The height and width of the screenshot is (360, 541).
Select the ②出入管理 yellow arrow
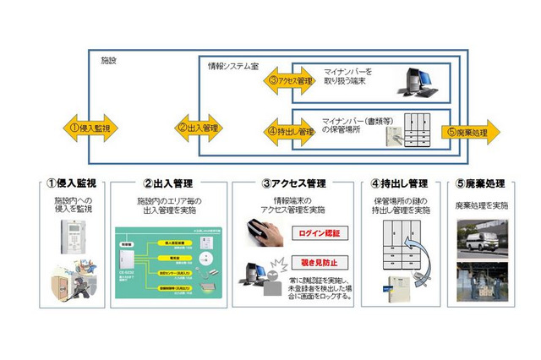click(x=199, y=128)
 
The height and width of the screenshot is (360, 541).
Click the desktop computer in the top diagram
click(x=418, y=79)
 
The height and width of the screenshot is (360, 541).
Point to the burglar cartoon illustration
click(x=76, y=278)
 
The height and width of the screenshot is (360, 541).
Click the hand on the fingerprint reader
click(x=261, y=232)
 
